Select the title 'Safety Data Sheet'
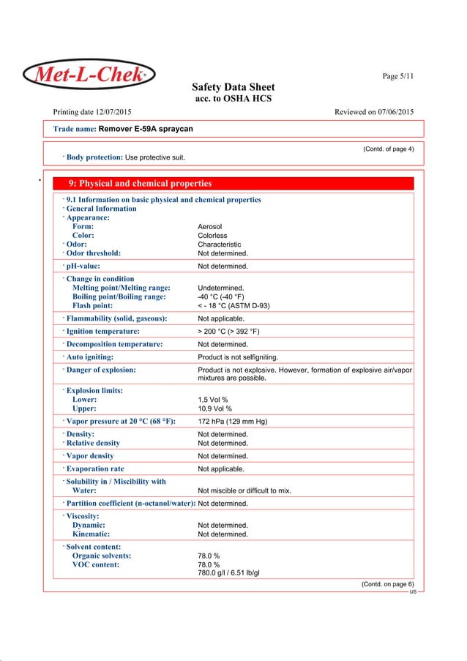point(233,87)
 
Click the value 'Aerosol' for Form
point(212,227)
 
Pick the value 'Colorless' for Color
point(213,236)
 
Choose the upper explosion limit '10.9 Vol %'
point(214,409)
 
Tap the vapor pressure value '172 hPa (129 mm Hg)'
point(238,422)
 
